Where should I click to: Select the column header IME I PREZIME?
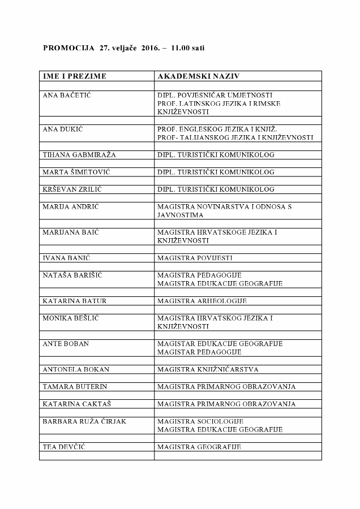point(75,76)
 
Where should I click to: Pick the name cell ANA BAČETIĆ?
point(67,95)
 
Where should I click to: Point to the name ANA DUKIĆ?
point(63,129)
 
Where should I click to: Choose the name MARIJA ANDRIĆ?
point(71,207)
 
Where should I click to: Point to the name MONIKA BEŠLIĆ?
point(71,318)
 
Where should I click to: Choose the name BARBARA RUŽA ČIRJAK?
point(84,421)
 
